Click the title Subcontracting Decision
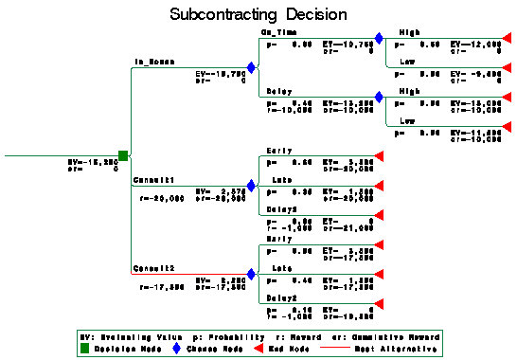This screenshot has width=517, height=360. tap(258, 16)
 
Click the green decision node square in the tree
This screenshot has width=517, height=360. tap(123, 154)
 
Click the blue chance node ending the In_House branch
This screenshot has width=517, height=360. tap(251, 68)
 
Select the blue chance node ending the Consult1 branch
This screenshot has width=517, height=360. tap(251, 186)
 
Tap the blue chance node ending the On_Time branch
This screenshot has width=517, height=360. tap(379, 39)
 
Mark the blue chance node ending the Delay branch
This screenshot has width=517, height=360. tap(379, 98)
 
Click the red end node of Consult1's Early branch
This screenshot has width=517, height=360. tap(378, 156)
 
